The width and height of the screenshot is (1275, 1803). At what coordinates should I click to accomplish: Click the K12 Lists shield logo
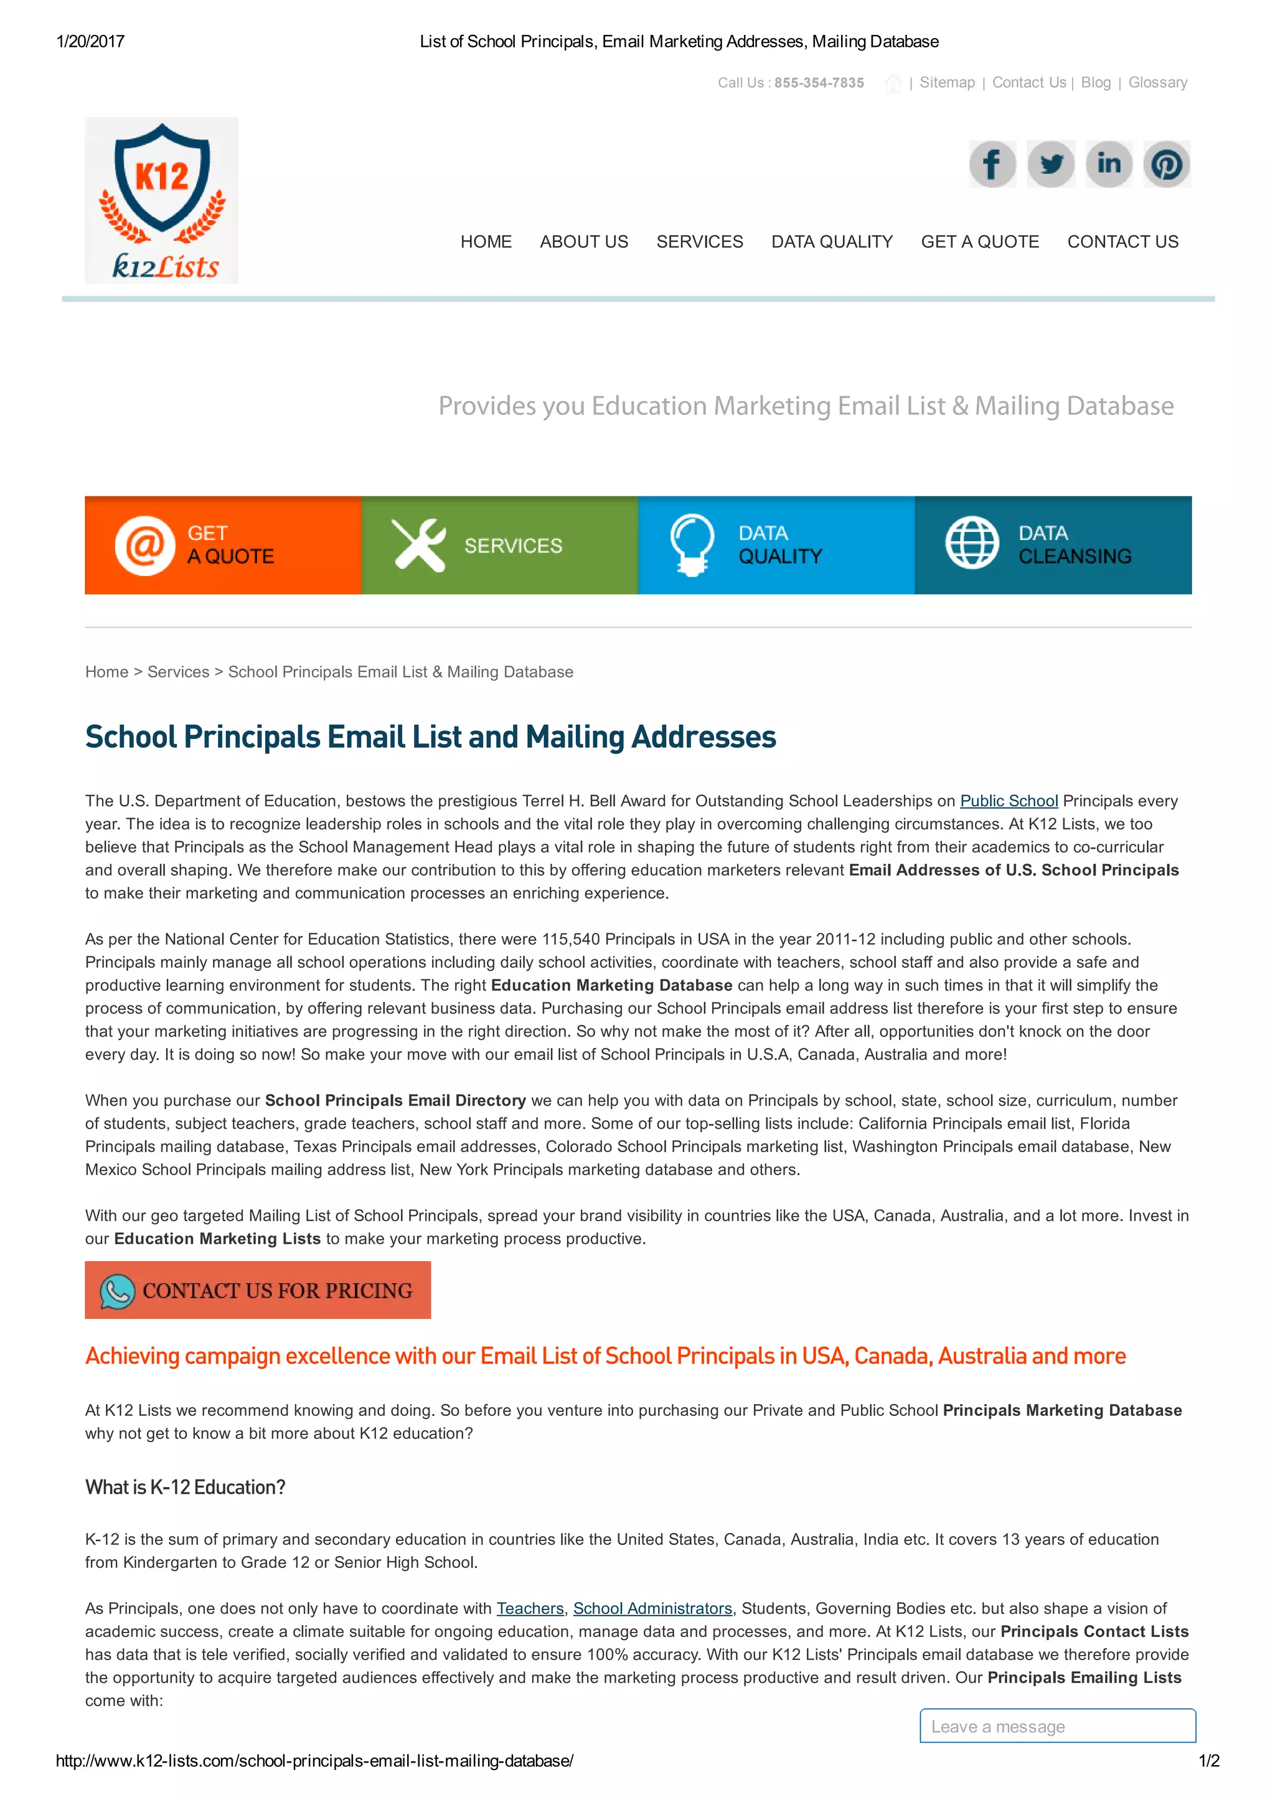click(x=161, y=200)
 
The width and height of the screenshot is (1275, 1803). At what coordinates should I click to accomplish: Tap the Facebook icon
click(x=992, y=164)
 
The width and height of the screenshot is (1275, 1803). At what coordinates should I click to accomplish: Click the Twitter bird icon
click(x=1050, y=164)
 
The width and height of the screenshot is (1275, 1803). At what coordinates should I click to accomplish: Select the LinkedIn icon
click(x=1108, y=164)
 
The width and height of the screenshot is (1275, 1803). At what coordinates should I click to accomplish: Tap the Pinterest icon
click(x=1167, y=164)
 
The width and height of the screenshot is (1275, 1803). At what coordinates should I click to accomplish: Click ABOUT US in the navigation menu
click(x=584, y=242)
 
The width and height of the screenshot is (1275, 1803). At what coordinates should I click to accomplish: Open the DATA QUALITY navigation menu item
click(x=832, y=242)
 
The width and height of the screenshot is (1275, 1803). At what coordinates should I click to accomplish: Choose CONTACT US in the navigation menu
click(x=1122, y=242)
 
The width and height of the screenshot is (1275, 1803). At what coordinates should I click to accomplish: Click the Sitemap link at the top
click(x=947, y=83)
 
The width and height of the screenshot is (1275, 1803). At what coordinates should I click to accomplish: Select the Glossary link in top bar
click(x=1157, y=83)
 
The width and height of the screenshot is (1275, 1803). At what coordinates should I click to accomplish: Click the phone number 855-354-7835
click(x=819, y=83)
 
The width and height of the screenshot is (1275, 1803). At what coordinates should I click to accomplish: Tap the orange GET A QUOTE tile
click(x=223, y=545)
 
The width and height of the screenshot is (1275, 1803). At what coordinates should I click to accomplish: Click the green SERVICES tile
click(x=500, y=545)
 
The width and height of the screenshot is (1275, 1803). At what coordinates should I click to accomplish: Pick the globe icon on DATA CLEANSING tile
click(x=972, y=543)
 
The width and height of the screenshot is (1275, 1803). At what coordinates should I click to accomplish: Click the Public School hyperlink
click(x=1009, y=801)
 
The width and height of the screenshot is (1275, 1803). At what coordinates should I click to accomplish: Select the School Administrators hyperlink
click(x=652, y=1608)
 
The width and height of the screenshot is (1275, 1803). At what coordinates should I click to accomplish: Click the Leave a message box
click(x=1057, y=1726)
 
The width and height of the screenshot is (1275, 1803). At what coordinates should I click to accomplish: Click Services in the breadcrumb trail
click(x=178, y=672)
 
